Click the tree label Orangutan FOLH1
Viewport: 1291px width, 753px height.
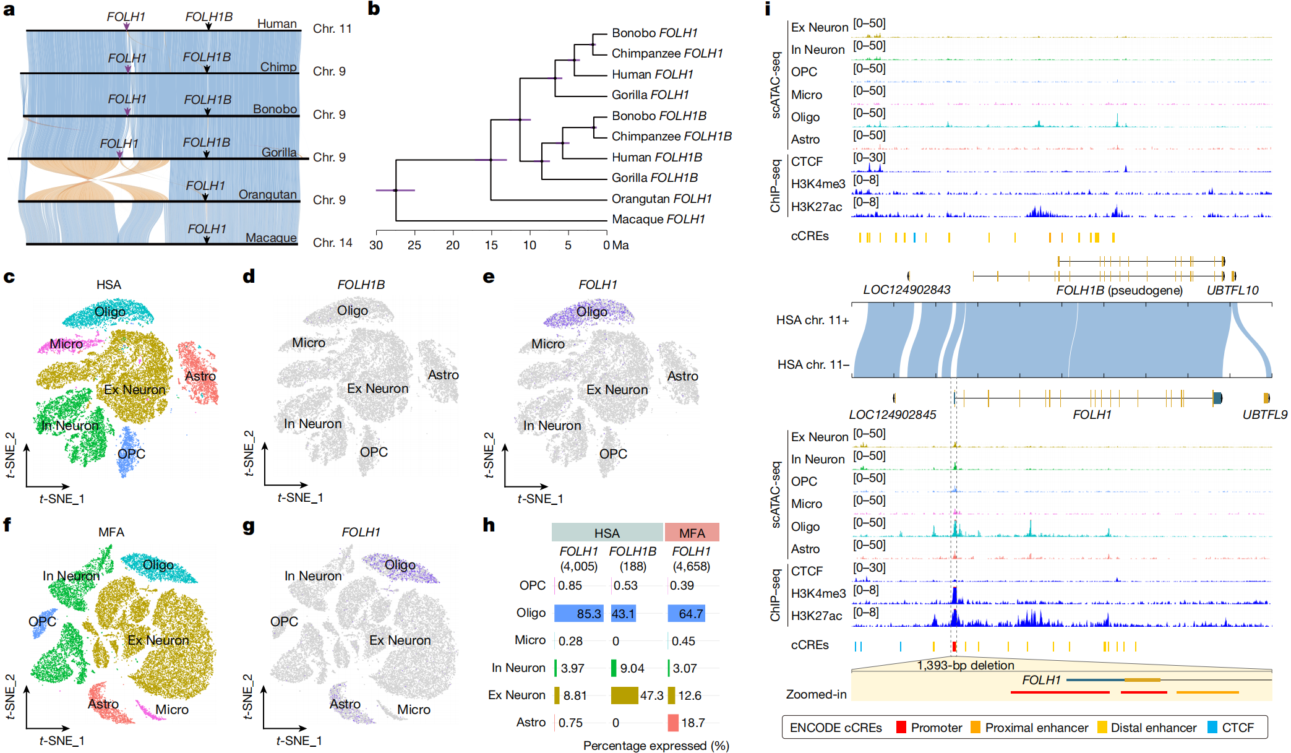[x=661, y=199]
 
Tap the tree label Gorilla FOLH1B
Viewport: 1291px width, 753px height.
[x=654, y=178]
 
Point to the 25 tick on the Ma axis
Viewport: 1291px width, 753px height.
[x=414, y=245]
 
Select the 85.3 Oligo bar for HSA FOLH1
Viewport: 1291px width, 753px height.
[x=578, y=613]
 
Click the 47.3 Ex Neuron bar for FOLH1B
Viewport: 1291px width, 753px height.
[x=624, y=695]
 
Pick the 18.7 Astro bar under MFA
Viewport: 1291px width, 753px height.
[x=673, y=722]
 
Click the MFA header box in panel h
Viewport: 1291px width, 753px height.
[x=692, y=533]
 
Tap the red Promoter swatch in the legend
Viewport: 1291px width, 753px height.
[x=901, y=728]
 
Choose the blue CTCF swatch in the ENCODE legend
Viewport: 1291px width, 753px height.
[x=1212, y=728]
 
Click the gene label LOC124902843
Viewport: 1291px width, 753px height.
[x=906, y=290]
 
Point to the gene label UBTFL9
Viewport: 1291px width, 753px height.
[x=1264, y=415]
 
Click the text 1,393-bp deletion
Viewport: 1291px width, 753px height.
[x=965, y=665]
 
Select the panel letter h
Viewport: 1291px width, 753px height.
[x=489, y=525]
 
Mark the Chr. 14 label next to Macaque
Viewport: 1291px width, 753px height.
[x=332, y=243]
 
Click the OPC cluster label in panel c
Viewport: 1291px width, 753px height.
[x=131, y=454]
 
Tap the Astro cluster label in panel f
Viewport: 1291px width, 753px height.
[x=103, y=704]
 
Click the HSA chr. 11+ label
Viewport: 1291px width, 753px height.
[x=812, y=320]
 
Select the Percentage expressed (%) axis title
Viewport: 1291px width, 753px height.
[x=656, y=746]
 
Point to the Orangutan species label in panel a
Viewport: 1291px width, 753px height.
[x=267, y=194]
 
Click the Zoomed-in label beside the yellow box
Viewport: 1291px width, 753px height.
[x=816, y=694]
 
